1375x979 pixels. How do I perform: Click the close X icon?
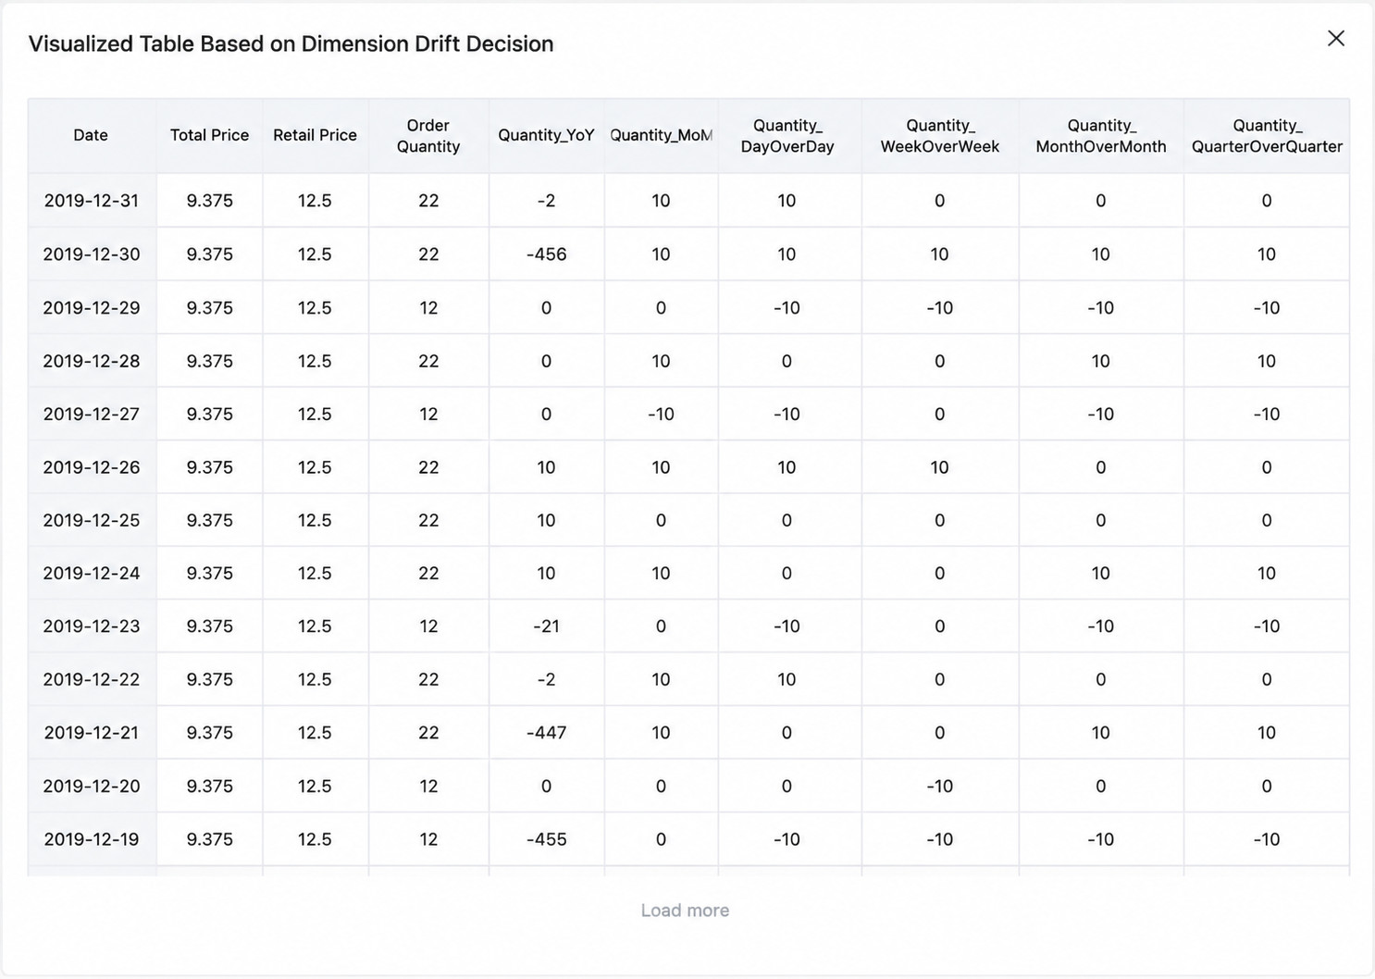click(1336, 39)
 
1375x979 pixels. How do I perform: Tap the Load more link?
click(685, 911)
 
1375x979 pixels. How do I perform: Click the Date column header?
click(91, 135)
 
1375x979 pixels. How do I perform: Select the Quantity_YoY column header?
click(546, 135)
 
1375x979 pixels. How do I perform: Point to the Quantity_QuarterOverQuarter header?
click(1267, 136)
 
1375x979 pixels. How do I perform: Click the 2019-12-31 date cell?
click(92, 201)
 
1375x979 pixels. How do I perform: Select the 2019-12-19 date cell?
click(92, 839)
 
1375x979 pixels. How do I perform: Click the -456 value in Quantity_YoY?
click(546, 254)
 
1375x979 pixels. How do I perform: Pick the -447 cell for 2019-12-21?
click(546, 732)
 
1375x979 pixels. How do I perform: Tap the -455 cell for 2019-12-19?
click(546, 839)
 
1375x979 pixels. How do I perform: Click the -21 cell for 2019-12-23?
click(546, 626)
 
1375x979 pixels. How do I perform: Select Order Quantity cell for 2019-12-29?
click(428, 307)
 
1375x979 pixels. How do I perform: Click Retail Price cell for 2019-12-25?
click(315, 520)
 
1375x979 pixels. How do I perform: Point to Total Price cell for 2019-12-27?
click(210, 415)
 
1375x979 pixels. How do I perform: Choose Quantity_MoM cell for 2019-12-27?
click(661, 415)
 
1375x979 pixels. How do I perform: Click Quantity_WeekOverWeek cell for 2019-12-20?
click(940, 787)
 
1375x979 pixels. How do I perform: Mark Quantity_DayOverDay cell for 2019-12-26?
click(787, 467)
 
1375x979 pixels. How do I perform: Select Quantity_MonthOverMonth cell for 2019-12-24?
click(1100, 574)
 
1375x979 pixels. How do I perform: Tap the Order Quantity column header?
click(428, 136)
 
